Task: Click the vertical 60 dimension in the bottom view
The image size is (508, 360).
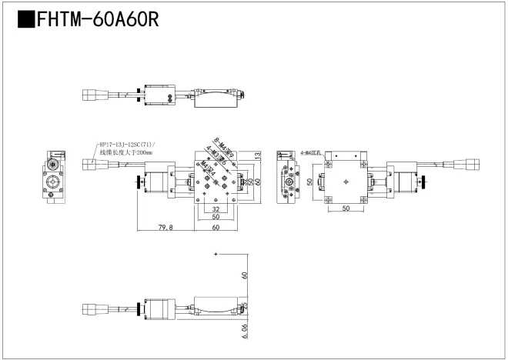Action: [x=245, y=275]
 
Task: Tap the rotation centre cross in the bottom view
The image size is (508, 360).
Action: [x=216, y=254]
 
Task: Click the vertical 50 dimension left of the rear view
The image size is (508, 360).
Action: [x=309, y=182]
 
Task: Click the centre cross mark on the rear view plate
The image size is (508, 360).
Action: [x=347, y=182]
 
